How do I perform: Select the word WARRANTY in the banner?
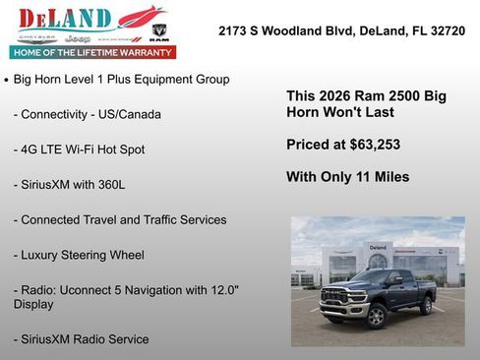tap(144, 52)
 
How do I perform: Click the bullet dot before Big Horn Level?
tap(7, 79)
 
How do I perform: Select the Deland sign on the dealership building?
tap(378, 246)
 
